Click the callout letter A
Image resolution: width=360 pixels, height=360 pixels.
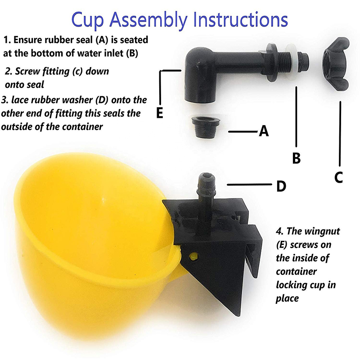pyautogui.click(x=264, y=131)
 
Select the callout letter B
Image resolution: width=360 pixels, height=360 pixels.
pyautogui.click(x=297, y=158)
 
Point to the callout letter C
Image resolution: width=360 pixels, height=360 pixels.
pyautogui.click(x=339, y=177)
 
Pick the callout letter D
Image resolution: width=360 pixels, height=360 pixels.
pyautogui.click(x=281, y=186)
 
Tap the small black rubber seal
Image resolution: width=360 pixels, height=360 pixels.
pyautogui.click(x=205, y=127)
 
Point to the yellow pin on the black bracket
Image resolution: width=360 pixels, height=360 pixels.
pyautogui.click(x=193, y=256)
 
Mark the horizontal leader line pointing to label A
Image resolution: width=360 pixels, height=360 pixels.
pyautogui.click(x=243, y=132)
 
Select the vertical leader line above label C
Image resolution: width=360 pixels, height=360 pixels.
pyautogui.click(x=340, y=134)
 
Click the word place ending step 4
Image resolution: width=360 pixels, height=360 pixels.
pyautogui.click(x=287, y=298)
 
